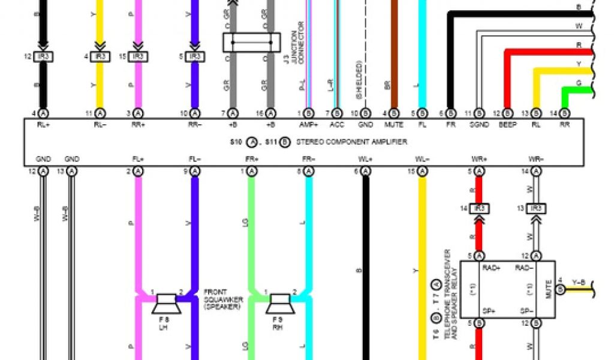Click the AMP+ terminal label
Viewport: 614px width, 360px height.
pyautogui.click(x=308, y=125)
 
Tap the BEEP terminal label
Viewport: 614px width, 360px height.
pyautogui.click(x=507, y=125)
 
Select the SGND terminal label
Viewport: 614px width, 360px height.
pyautogui.click(x=479, y=125)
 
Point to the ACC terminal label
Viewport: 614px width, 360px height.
pyautogui.click(x=336, y=125)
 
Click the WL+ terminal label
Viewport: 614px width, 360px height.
pyautogui.click(x=365, y=159)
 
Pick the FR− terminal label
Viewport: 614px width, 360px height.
pyautogui.click(x=308, y=159)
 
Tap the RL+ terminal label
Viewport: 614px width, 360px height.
pyautogui.click(x=43, y=125)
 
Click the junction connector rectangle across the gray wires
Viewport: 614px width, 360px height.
pyautogui.click(x=252, y=43)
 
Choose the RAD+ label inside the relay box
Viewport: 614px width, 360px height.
pyautogui.click(x=491, y=268)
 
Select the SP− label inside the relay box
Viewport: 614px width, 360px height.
pyautogui.click(x=526, y=311)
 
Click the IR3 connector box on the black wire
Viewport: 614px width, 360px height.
pyautogui.click(x=43, y=56)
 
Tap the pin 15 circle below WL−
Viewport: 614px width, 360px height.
pyautogui.click(x=422, y=172)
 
